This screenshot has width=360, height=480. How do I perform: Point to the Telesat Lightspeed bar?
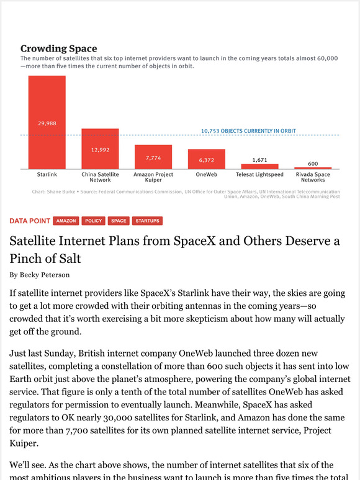(260, 166)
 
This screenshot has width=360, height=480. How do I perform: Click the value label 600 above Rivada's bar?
(313, 164)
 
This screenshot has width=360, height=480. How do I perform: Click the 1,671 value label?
(260, 160)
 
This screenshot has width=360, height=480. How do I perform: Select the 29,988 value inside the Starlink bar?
(47, 123)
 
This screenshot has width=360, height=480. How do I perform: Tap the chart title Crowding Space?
(59, 48)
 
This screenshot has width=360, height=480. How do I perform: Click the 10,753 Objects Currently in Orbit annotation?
(248, 131)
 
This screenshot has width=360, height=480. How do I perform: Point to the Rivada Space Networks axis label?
(313, 177)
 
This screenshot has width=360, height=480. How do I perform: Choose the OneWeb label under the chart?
(207, 175)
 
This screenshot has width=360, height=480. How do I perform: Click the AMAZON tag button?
(66, 221)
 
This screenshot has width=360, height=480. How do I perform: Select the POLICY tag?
(94, 221)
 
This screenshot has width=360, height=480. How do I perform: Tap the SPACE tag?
(119, 221)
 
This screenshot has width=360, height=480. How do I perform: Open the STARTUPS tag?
(147, 221)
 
